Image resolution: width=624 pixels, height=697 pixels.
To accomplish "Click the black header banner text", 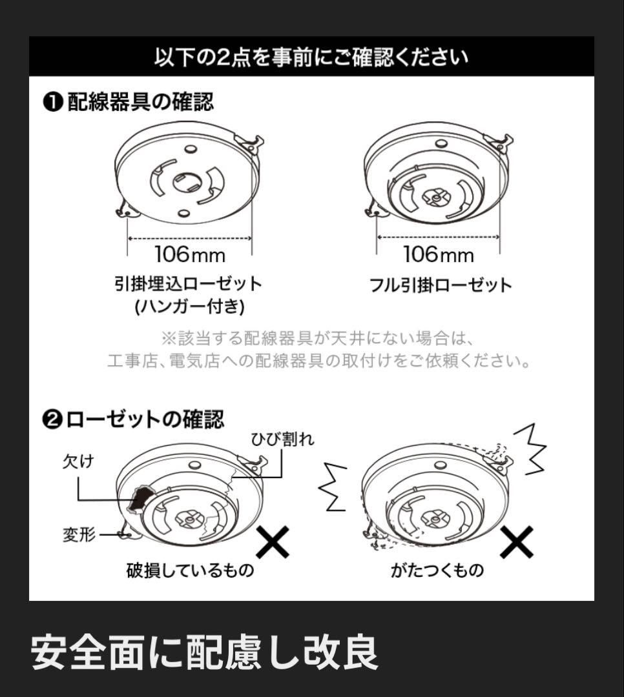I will pyautogui.click(x=311, y=57).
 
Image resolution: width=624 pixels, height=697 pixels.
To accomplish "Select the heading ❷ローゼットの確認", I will pyautogui.click(x=134, y=419).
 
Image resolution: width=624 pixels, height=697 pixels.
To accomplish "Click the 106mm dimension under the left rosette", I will pyautogui.click(x=190, y=254).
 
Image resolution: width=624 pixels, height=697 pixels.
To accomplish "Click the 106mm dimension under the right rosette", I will pyautogui.click(x=439, y=254).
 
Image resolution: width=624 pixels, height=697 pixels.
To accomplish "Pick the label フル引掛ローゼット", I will pyautogui.click(x=441, y=285).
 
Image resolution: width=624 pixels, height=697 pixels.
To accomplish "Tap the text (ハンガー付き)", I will pyautogui.click(x=189, y=307).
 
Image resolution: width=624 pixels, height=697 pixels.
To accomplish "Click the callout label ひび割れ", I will pyautogui.click(x=283, y=440).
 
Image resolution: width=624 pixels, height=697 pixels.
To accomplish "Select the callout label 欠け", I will pyautogui.click(x=78, y=461).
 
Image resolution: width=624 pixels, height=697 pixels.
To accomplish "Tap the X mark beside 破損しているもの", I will pyautogui.click(x=272, y=542).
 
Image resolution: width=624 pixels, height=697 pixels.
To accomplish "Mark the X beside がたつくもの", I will pyautogui.click(x=517, y=542).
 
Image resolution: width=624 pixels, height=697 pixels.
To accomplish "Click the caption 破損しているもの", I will pyautogui.click(x=190, y=571).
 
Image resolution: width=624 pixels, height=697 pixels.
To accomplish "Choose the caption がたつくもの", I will pyautogui.click(x=437, y=571).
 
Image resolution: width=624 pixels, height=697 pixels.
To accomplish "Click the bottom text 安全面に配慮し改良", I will pyautogui.click(x=204, y=653).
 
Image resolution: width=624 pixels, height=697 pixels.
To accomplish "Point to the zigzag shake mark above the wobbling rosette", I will pyautogui.click(x=533, y=448).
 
